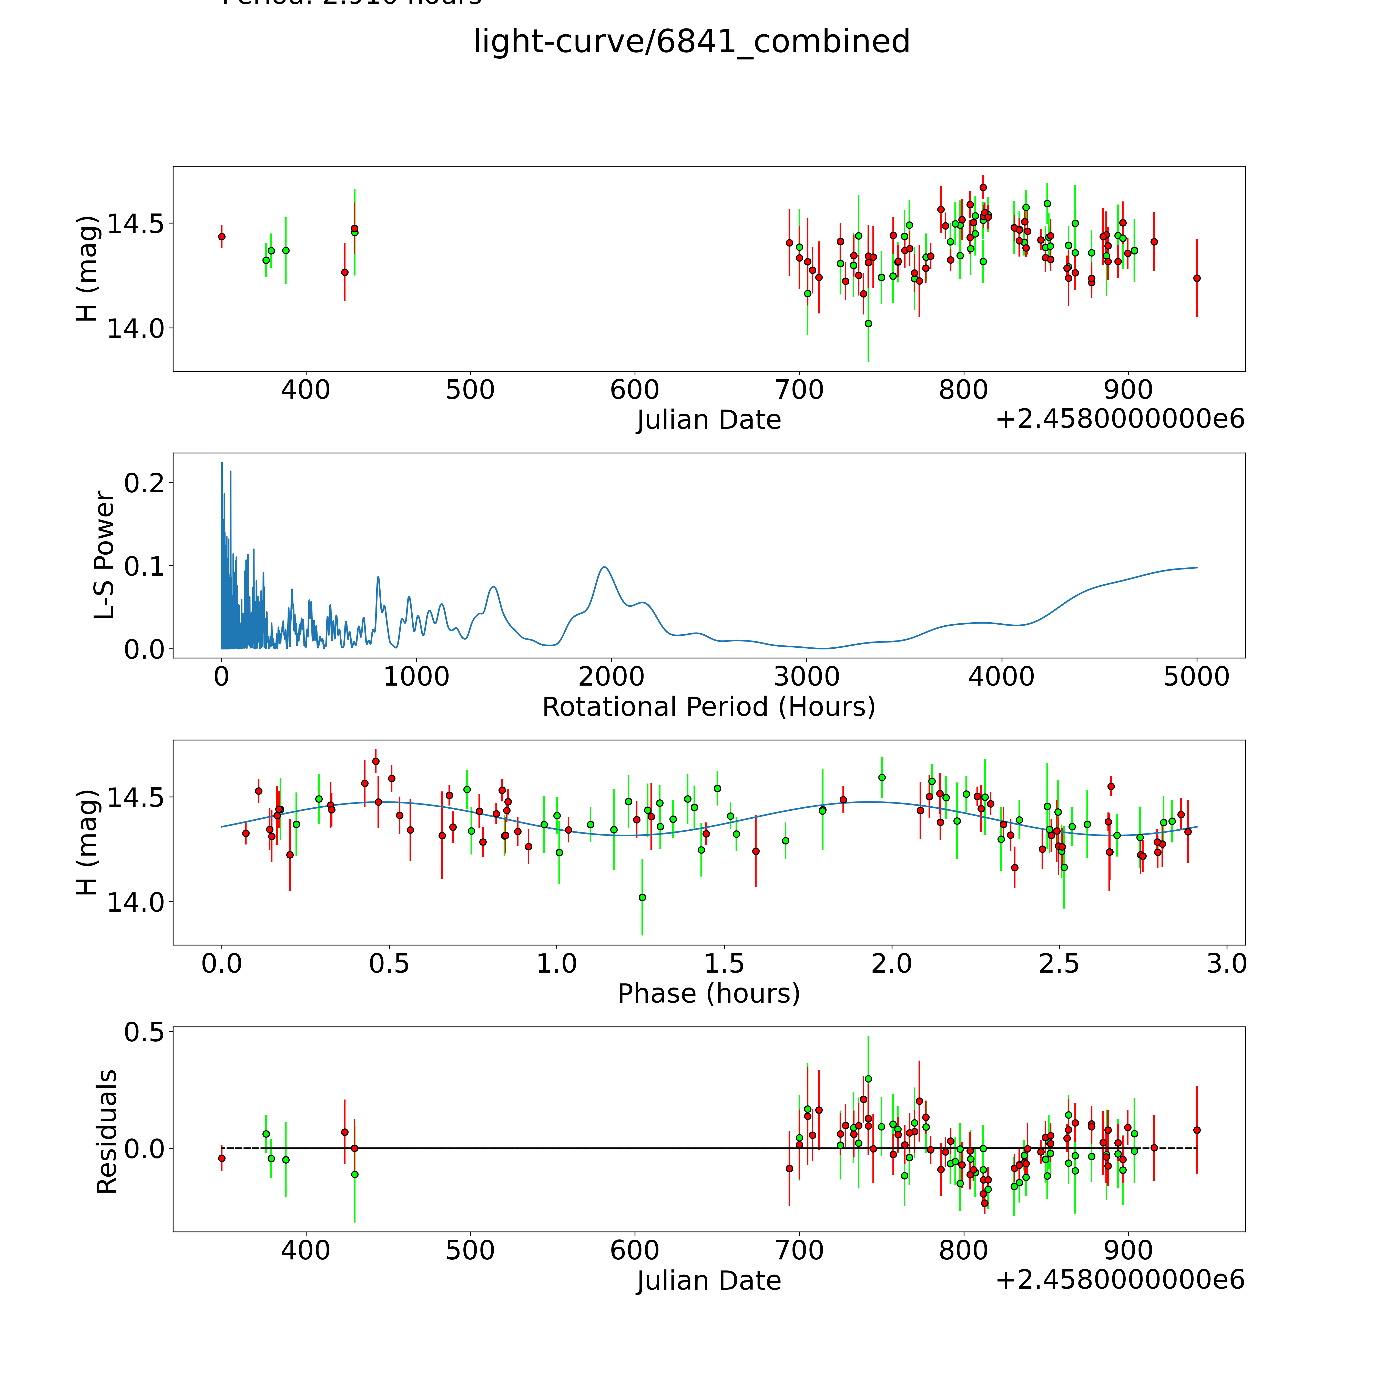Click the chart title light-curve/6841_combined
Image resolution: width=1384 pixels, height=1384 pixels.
click(691, 42)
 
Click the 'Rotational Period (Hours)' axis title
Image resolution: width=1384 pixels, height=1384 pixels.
click(708, 707)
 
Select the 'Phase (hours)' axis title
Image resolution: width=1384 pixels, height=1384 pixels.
click(708, 994)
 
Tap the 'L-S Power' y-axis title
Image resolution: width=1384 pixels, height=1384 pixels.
click(105, 555)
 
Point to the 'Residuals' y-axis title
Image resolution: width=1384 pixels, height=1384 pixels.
click(106, 1132)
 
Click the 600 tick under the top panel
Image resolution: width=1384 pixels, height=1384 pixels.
click(635, 390)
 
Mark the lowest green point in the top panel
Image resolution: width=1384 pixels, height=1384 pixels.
click(868, 323)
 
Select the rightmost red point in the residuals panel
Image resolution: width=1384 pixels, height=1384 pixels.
click(1196, 1130)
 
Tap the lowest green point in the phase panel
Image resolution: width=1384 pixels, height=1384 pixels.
click(642, 897)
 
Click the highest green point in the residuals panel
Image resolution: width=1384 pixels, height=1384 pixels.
click(868, 1078)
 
